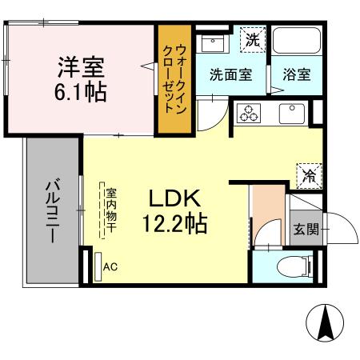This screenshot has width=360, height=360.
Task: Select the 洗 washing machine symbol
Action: pos(252,38)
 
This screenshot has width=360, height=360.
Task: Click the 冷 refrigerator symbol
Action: pos(308,172)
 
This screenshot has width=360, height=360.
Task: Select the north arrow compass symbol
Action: pos(326,324)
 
